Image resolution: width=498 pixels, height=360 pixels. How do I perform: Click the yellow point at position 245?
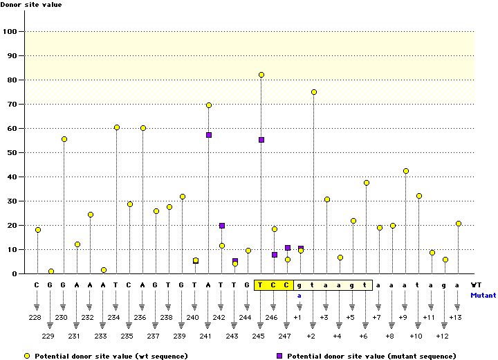tap(261, 75)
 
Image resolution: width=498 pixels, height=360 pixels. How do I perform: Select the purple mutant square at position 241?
tap(209, 135)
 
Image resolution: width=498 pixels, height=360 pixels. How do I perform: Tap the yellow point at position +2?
tap(314, 92)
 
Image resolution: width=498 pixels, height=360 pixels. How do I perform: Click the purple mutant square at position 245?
tap(261, 140)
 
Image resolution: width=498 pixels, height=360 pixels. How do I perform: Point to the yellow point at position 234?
tap(117, 127)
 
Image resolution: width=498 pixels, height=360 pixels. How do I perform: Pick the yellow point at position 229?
tap(51, 271)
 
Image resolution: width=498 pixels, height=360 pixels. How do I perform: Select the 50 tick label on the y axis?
tap(11, 152)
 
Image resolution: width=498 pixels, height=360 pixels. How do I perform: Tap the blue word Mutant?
tap(483, 295)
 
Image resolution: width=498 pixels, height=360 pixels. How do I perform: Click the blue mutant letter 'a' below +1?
tap(300, 296)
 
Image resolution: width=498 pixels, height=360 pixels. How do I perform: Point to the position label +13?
tap(456, 317)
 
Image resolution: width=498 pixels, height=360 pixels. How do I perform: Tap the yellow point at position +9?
tap(406, 171)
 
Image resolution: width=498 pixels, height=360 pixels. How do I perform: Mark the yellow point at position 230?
tap(64, 139)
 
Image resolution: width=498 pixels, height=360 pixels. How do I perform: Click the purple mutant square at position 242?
tap(222, 226)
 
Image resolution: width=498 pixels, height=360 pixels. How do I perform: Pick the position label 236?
tap(142, 317)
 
